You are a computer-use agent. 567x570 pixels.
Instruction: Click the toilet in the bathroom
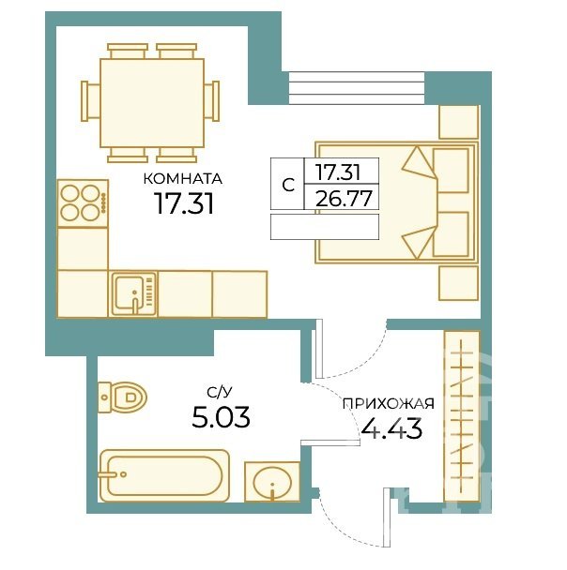pyautogui.click(x=122, y=397)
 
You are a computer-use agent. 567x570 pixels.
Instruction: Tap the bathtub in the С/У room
pyautogui.click(x=164, y=476)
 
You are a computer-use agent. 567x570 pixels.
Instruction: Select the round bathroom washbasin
pyautogui.click(x=272, y=482)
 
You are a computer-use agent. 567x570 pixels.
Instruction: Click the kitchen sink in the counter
pyautogui.click(x=134, y=293)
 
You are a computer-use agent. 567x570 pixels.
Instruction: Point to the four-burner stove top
pyautogui.click(x=83, y=203)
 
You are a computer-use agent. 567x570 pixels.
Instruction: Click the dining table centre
pyautogui.click(x=152, y=102)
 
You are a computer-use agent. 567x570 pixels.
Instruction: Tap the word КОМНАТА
pyautogui.click(x=183, y=179)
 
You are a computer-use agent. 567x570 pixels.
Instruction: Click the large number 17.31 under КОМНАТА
pyautogui.click(x=183, y=202)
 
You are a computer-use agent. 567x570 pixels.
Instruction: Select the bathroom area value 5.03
pyautogui.click(x=221, y=417)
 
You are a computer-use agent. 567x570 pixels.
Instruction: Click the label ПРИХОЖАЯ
pyautogui.click(x=389, y=403)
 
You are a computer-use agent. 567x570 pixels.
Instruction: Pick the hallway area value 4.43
pyautogui.click(x=391, y=428)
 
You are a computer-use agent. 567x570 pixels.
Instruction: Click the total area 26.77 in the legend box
pyautogui.click(x=344, y=199)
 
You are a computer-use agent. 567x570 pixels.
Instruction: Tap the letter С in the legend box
pyautogui.click(x=288, y=186)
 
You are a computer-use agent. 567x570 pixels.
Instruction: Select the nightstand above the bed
pyautogui.click(x=458, y=122)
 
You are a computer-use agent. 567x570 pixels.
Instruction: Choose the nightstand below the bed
pyautogui.click(x=458, y=283)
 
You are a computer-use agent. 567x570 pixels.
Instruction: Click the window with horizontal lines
pyautogui.click(x=357, y=88)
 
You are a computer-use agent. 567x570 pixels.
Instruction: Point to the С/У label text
pyautogui.click(x=219, y=393)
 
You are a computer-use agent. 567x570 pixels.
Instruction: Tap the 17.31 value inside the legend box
pyautogui.click(x=338, y=172)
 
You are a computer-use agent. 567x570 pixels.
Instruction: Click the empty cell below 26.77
pyautogui.click(x=325, y=227)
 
